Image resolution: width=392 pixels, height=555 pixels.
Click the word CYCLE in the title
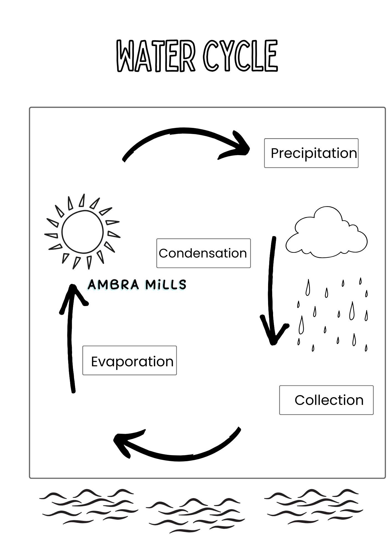pos(240,56)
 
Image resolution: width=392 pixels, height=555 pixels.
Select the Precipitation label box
pos(311,153)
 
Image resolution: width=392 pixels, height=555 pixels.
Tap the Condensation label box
pos(203,253)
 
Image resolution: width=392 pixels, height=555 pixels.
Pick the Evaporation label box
pos(129,360)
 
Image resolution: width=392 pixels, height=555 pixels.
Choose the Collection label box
pos(326,400)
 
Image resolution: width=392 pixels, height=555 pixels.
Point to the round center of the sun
pos(83,232)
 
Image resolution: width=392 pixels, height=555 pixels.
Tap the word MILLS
pos(166,285)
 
